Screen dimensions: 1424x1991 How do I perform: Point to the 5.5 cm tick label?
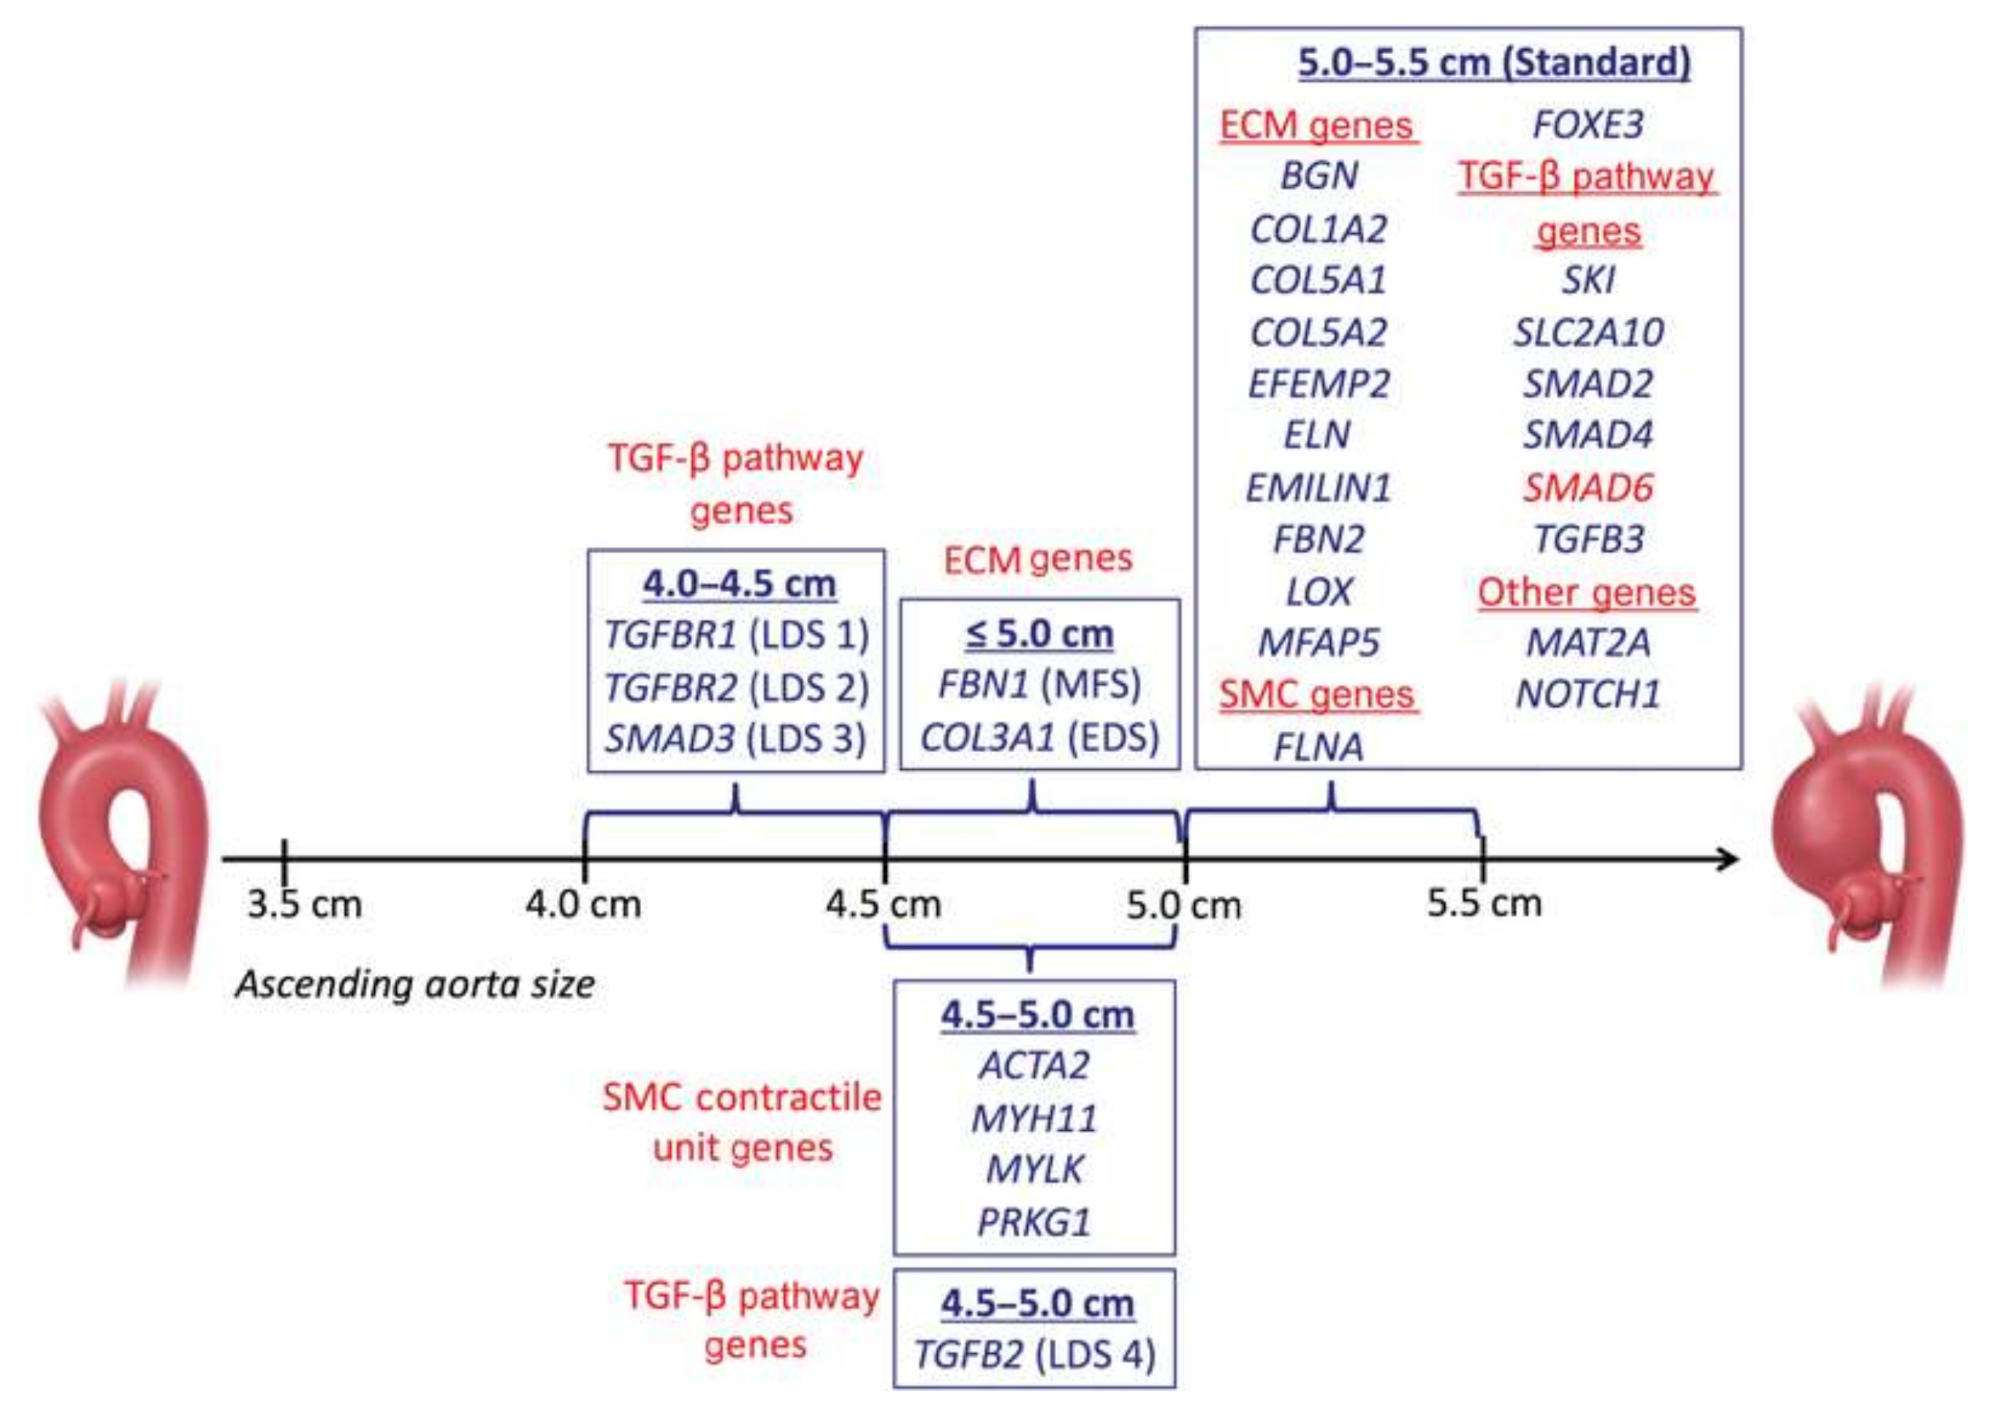pyautogui.click(x=1484, y=902)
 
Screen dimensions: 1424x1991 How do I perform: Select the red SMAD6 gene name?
pyautogui.click(x=1588, y=488)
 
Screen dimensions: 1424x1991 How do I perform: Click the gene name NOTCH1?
pyautogui.click(x=1588, y=694)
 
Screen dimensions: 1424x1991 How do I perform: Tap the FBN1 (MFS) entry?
pyautogui.click(x=1039, y=684)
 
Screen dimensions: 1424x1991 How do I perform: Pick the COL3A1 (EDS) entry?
pyautogui.click(x=1039, y=737)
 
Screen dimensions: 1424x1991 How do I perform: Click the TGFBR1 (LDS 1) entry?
pyautogui.click(x=737, y=634)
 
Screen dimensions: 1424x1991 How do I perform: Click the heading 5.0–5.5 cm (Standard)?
pyautogui.click(x=1493, y=63)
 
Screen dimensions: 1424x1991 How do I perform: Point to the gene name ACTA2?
pyautogui.click(x=1034, y=1065)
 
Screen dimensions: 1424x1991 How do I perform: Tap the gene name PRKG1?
pyautogui.click(x=1034, y=1222)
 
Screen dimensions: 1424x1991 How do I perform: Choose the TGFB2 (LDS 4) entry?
pyautogui.click(x=1034, y=1355)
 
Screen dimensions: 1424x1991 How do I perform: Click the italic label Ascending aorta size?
pyautogui.click(x=414, y=984)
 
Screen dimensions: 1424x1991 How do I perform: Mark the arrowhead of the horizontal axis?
pyautogui.click(x=1727, y=860)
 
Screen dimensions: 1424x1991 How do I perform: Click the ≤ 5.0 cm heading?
pyautogui.click(x=1039, y=633)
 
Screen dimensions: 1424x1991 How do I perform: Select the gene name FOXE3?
pyautogui.click(x=1588, y=124)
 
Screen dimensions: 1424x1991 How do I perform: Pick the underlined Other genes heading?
pyautogui.click(x=1586, y=593)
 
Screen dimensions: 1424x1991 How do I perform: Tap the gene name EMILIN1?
pyautogui.click(x=1318, y=488)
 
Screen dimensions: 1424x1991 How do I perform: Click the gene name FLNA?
pyautogui.click(x=1318, y=747)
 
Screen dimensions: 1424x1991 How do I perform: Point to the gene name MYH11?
pyautogui.click(x=1034, y=1118)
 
